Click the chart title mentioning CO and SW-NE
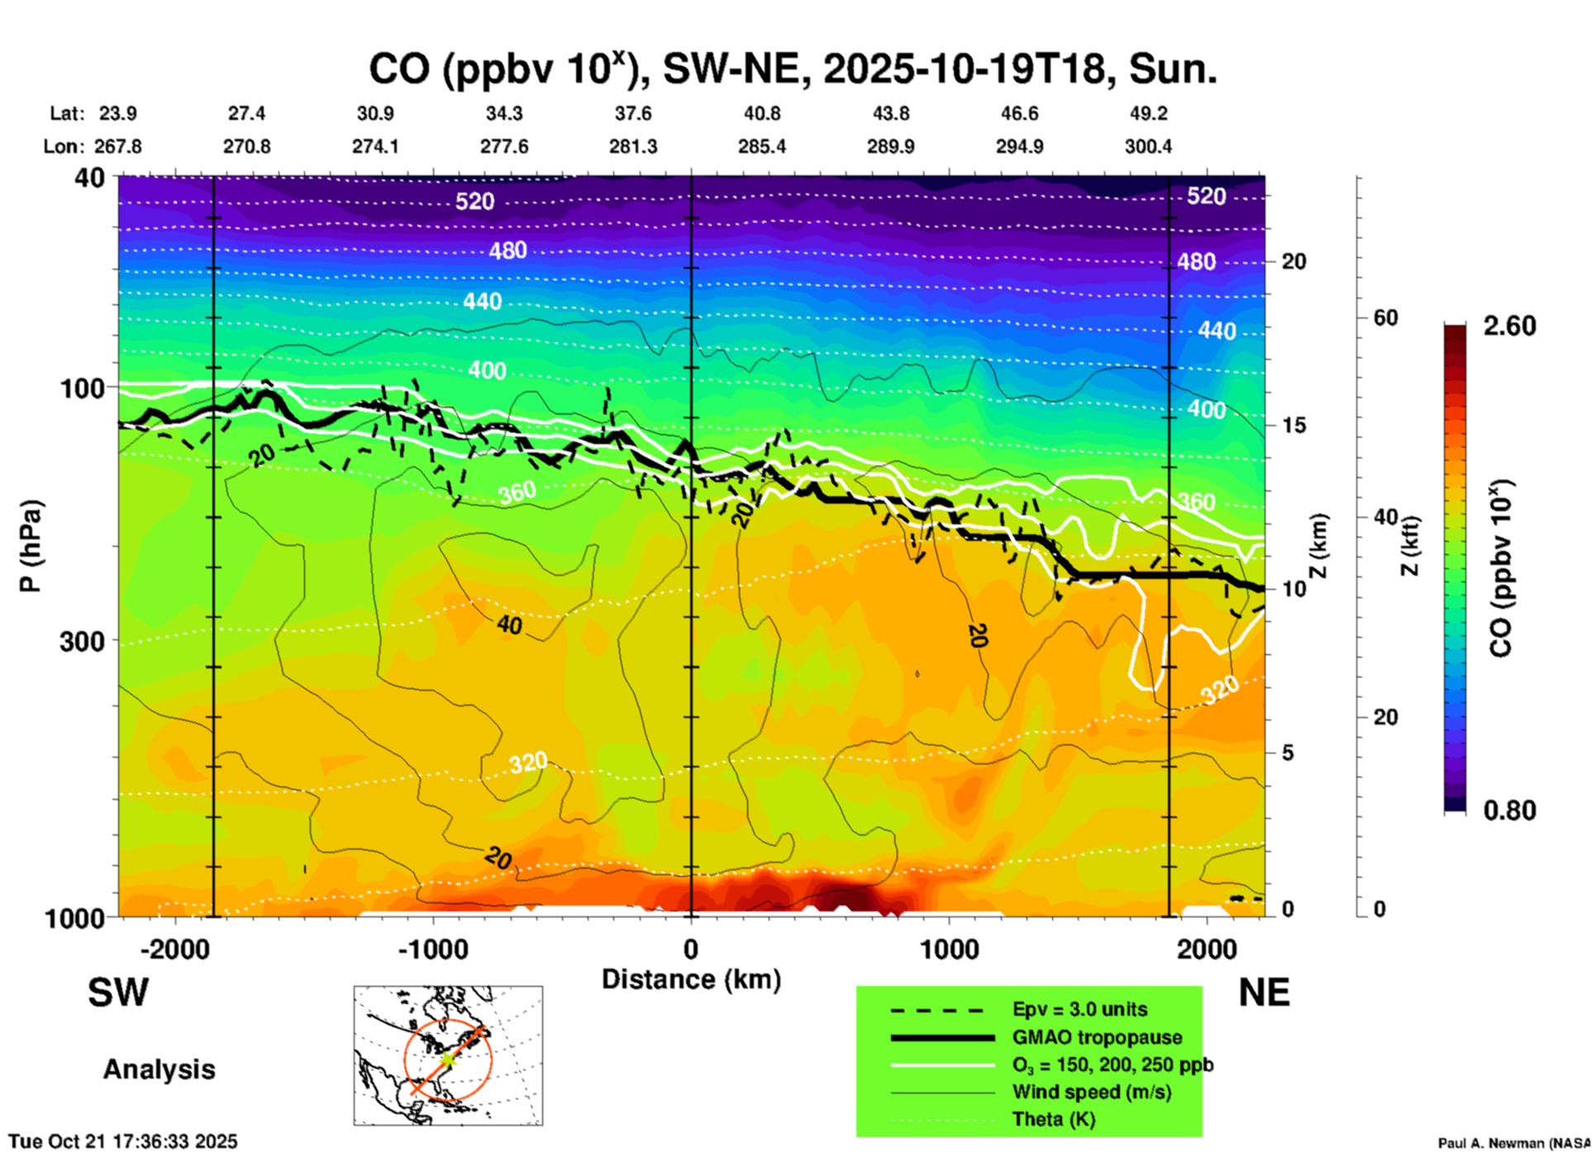[792, 69]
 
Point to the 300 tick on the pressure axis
[82, 641]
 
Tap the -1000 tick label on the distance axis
[433, 949]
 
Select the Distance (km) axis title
[691, 979]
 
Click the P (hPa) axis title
[31, 546]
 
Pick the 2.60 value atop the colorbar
[1509, 326]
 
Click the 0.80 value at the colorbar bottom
[1509, 811]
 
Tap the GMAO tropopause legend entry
[1097, 1037]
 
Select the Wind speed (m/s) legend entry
[1091, 1093]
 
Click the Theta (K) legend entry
[1053, 1120]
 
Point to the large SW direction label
[118, 993]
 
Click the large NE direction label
[1264, 993]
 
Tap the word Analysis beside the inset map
[159, 1069]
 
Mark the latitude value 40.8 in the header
[761, 113]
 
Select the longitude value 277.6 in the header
[504, 146]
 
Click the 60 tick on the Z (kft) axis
[1385, 318]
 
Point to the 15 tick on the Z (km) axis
[1294, 425]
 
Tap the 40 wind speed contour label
[509, 625]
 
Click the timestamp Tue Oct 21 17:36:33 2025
[123, 1141]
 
